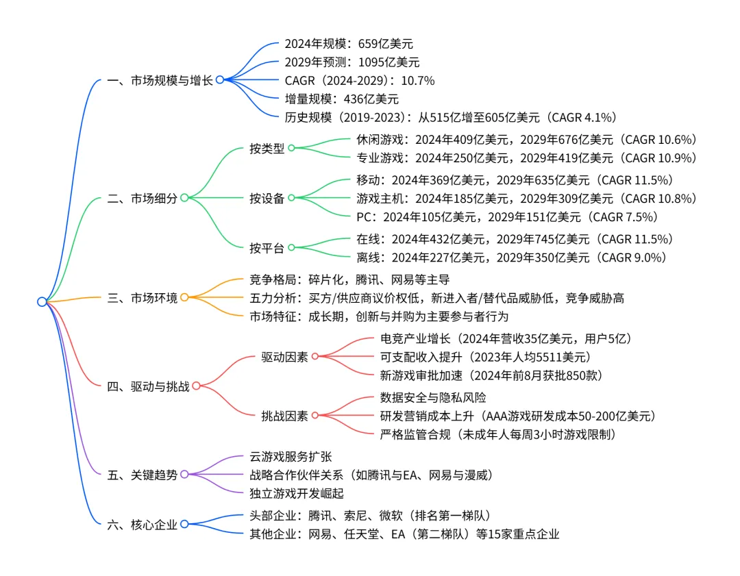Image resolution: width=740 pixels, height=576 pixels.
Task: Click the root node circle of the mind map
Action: pos(42,301)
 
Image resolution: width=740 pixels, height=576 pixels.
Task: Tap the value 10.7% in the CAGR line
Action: pos(417,80)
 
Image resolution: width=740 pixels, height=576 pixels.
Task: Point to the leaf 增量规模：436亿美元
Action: pos(341,99)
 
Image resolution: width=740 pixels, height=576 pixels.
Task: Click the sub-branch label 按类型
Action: pos(267,148)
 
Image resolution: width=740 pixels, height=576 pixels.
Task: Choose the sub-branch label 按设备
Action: pos(267,199)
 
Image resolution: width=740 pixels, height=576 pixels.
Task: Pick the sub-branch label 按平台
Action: pos(267,248)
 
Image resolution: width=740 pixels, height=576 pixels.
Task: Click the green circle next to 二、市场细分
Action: pos(184,199)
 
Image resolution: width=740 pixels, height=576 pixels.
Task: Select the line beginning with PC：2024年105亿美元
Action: pos(507,217)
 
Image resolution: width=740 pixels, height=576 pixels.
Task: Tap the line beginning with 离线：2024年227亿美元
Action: pos(511,258)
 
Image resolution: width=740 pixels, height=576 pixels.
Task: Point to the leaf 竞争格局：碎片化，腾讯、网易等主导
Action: pos(349,279)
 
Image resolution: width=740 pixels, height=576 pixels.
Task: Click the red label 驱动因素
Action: pos(284,356)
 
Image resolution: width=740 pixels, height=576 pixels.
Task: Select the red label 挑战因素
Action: pos(284,415)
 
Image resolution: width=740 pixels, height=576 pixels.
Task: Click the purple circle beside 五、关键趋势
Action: pos(184,475)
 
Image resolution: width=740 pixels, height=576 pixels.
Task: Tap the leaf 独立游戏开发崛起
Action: pos(297,493)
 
